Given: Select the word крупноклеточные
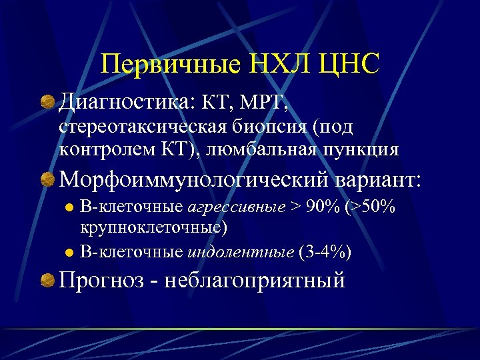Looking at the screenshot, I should (x=154, y=228).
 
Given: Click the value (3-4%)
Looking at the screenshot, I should (x=327, y=252).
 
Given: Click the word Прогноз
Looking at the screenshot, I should (x=101, y=279).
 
